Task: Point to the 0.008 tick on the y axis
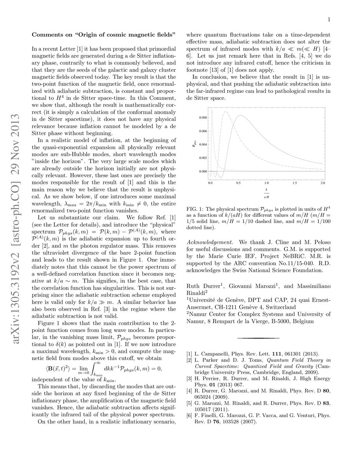click(x=202, y=117)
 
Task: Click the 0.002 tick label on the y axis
click(x=202, y=158)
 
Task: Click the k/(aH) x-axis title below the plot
click(x=266, y=193)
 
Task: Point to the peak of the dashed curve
click(x=225, y=111)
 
